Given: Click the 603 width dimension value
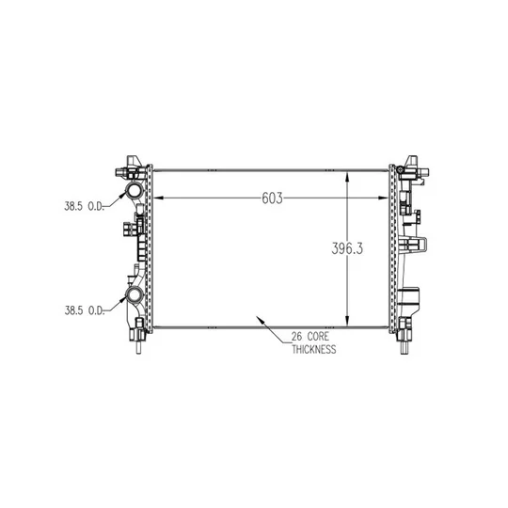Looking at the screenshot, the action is click(x=272, y=198).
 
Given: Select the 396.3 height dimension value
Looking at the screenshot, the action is click(x=347, y=248).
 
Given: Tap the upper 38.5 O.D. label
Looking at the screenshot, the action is click(x=84, y=206).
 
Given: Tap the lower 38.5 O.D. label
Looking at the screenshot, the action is click(x=85, y=310).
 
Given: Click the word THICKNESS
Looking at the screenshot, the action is click(x=313, y=350).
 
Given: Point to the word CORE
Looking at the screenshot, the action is click(x=318, y=337).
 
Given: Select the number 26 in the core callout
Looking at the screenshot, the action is click(x=296, y=337).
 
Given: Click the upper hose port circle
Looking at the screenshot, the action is click(x=135, y=190).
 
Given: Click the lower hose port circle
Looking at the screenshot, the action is click(x=135, y=294).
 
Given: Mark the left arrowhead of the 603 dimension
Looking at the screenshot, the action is click(x=157, y=198).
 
